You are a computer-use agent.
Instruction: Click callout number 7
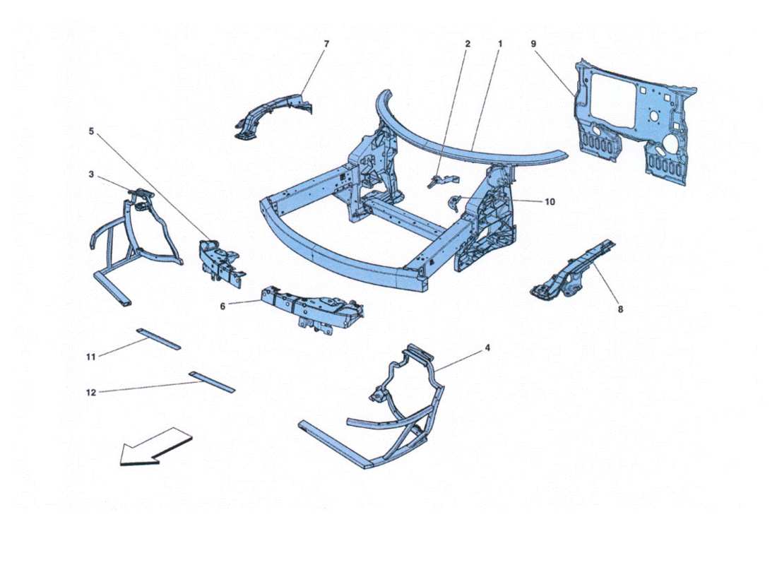(326, 44)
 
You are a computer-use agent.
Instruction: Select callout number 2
(468, 44)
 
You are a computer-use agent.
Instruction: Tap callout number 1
(499, 44)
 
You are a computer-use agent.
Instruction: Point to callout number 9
(534, 44)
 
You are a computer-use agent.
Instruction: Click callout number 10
(550, 202)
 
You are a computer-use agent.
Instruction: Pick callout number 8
(621, 309)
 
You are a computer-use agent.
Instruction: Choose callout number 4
(487, 348)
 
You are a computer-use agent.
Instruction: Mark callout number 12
(91, 393)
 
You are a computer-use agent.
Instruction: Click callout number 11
(90, 357)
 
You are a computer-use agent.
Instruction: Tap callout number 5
(90, 131)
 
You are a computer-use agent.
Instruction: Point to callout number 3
(92, 174)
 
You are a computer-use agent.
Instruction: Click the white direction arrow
(155, 447)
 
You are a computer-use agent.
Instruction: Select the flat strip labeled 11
(159, 339)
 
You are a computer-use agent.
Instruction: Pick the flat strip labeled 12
(212, 381)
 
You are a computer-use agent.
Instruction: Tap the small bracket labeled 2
(437, 180)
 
